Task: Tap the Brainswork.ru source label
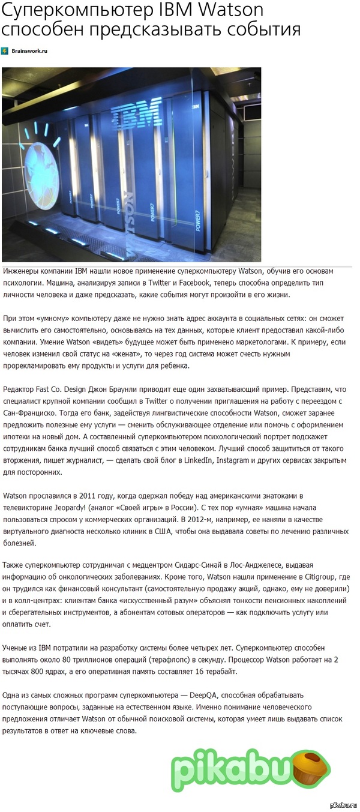tap(29, 51)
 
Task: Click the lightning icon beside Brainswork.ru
tap(5, 51)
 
